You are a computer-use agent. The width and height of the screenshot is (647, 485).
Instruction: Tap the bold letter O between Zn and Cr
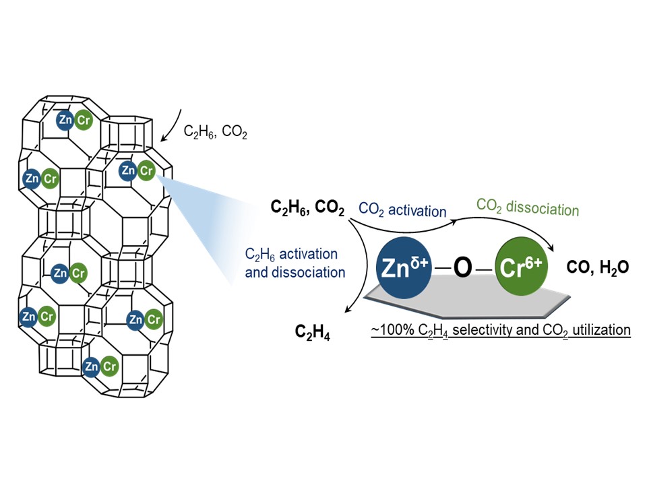coord(463,267)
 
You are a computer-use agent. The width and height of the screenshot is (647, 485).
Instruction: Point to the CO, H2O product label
coord(598,267)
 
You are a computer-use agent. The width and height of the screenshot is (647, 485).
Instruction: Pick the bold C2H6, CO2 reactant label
coord(308,209)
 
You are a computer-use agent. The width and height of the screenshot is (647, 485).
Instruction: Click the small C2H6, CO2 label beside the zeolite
coord(216,133)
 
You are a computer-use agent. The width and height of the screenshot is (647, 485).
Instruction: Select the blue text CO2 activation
coord(402,210)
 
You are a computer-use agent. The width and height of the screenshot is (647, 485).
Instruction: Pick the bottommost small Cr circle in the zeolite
coord(109,366)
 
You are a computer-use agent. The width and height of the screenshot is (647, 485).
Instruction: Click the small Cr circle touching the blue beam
coord(146,171)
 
